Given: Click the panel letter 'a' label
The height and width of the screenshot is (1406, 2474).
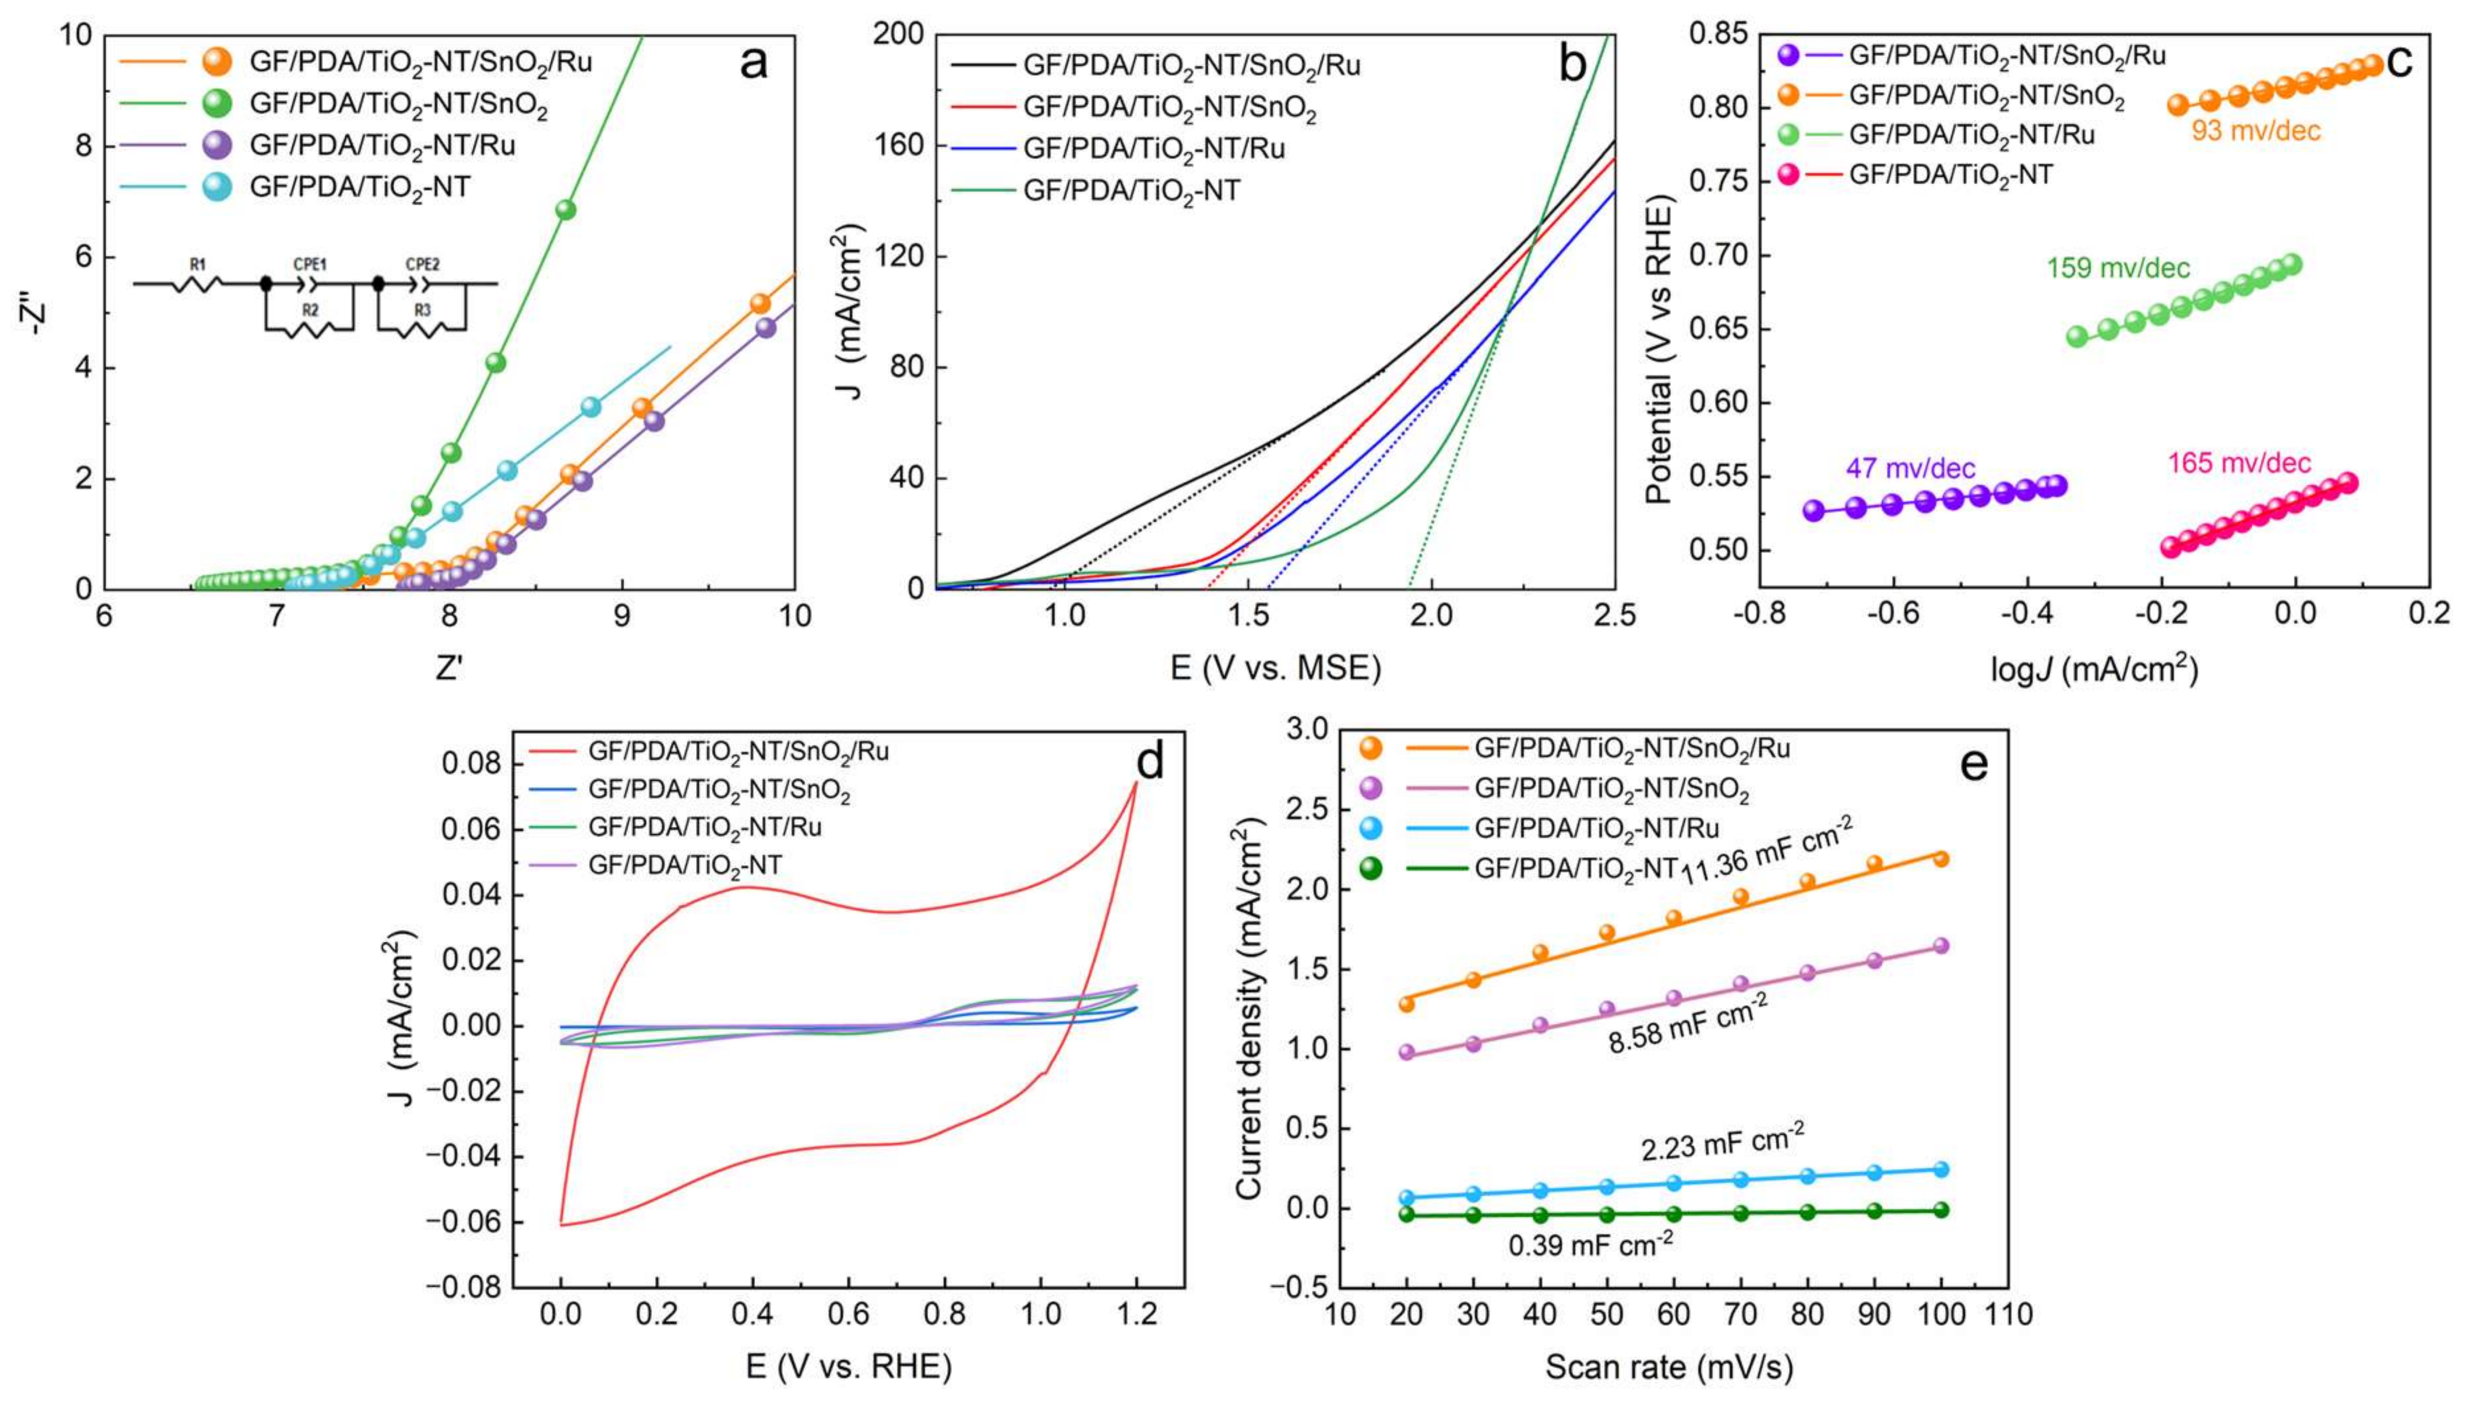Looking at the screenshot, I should coord(753,63).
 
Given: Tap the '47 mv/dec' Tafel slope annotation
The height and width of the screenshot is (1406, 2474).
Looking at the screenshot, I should coord(1910,469).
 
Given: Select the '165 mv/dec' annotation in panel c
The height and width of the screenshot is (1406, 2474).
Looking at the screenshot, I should coord(2238,464).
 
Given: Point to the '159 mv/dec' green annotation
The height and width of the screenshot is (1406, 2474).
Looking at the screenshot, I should coord(2118,268).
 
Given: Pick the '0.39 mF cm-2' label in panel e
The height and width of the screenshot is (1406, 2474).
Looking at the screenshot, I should coord(1591,1245).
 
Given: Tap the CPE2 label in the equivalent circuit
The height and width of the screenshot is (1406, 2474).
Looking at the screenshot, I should coord(422,264).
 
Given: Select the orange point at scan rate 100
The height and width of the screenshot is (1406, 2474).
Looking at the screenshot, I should coord(1940,858).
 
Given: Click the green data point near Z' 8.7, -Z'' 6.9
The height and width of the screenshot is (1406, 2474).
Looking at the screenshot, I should coord(566,209).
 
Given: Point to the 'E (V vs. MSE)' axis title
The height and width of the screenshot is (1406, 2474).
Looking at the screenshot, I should coord(1275,667).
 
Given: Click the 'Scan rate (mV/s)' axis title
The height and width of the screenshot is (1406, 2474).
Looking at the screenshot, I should coord(1668,1368).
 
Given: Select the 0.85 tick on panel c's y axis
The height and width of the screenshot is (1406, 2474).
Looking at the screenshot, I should coord(1718,35).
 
